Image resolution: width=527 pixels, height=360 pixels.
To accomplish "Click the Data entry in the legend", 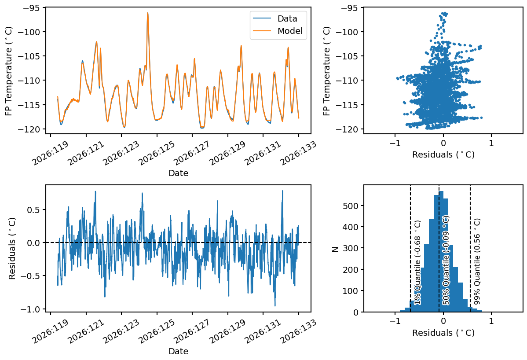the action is [x=278, y=18].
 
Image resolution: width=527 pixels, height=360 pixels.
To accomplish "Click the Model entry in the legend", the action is [x=278, y=31].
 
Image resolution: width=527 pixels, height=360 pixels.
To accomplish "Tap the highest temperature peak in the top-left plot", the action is [x=147, y=13].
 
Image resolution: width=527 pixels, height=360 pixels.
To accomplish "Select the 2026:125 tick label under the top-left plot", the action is [x=157, y=153].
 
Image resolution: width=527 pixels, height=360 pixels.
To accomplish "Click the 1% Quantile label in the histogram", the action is [x=417, y=263].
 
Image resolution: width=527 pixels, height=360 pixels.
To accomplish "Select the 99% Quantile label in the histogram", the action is [x=477, y=261].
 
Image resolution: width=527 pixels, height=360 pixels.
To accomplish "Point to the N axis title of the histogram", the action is [x=335, y=249].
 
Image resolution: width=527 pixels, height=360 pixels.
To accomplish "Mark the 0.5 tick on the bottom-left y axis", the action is [x=35, y=210].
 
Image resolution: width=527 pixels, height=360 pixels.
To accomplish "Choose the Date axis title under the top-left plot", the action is [x=178, y=173].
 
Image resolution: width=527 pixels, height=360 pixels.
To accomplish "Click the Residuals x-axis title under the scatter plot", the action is [x=443, y=154].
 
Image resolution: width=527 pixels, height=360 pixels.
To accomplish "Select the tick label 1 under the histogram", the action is [x=491, y=321].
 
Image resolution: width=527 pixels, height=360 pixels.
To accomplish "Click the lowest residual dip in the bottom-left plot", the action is [x=275, y=306].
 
